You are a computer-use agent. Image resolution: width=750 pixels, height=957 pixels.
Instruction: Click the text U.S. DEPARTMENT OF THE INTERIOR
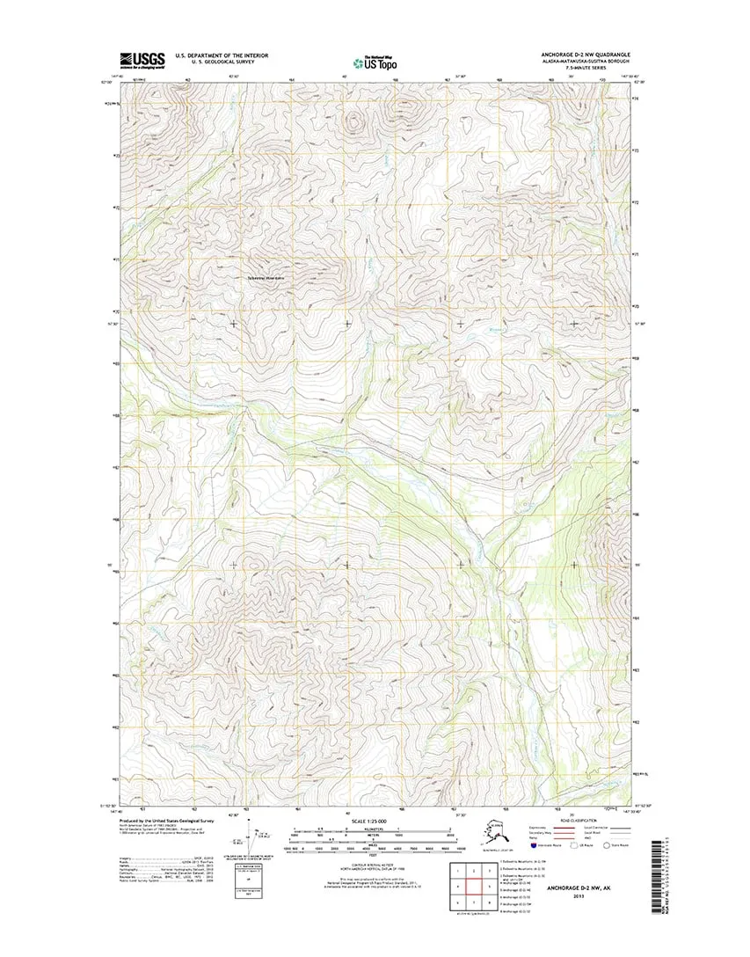click(222, 55)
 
